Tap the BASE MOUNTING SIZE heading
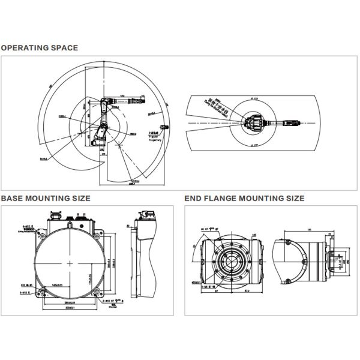46,198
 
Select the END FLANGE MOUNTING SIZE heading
244,198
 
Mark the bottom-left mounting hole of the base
43,292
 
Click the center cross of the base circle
71,263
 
